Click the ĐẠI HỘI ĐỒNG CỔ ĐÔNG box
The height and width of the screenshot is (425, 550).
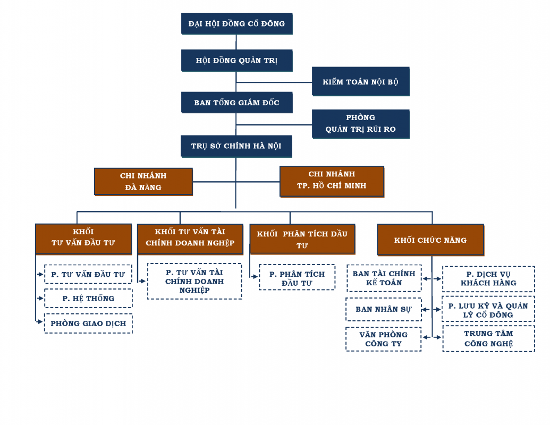(x=237, y=23)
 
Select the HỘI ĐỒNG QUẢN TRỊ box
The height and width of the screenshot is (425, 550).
(x=237, y=61)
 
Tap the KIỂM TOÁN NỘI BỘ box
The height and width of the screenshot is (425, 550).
(x=361, y=81)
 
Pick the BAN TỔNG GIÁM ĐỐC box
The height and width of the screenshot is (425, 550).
(x=237, y=103)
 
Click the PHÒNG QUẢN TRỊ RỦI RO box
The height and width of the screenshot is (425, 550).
(x=361, y=124)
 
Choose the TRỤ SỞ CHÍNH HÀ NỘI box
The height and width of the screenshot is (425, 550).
(x=236, y=146)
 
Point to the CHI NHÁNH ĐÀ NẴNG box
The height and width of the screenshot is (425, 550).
(x=143, y=182)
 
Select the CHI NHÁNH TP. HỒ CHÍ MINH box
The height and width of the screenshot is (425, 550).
(x=332, y=181)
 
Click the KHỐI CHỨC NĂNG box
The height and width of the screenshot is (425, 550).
(x=430, y=240)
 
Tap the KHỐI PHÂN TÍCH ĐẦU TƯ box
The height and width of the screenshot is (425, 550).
(x=302, y=239)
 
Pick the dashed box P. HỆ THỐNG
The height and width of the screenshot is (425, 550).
(x=88, y=299)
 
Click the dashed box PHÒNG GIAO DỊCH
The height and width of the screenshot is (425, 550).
(x=88, y=324)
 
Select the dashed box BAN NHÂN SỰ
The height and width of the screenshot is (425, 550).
(x=383, y=309)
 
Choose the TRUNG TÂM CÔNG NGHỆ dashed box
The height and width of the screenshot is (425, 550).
(x=488, y=338)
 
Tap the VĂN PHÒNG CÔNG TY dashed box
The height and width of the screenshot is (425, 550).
(x=383, y=339)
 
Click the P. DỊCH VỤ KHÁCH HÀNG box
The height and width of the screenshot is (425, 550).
(x=488, y=279)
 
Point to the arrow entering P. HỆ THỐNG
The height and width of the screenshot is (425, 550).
(x=40, y=299)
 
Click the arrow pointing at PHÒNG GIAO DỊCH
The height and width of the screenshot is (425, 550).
(x=40, y=321)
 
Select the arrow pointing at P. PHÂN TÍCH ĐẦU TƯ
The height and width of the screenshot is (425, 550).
(x=255, y=277)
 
